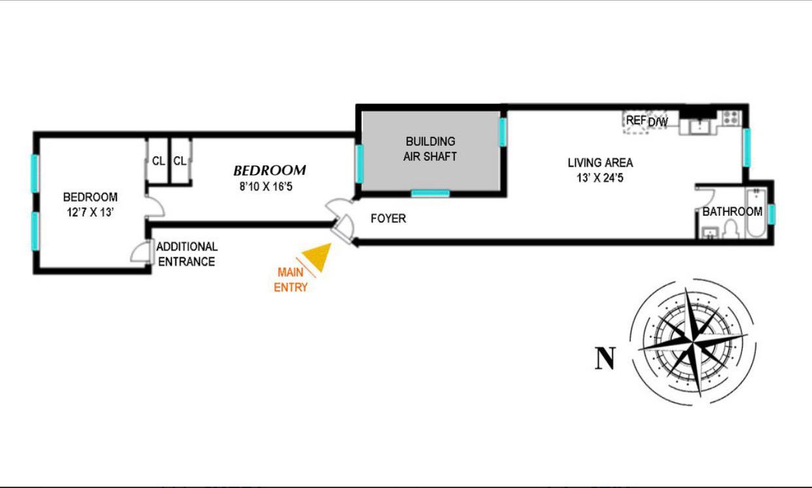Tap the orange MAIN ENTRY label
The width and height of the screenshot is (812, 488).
[291, 279]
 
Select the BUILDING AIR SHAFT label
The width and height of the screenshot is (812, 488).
[430, 148]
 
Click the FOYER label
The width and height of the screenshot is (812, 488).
[388, 218]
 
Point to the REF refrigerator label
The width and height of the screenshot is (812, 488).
[635, 120]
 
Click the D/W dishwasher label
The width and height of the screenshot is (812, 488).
[658, 122]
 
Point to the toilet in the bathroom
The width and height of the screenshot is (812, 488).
[732, 228]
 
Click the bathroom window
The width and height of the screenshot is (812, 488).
[772, 214]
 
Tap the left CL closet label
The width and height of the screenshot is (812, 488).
[158, 160]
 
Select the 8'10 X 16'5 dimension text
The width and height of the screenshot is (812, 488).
[269, 185]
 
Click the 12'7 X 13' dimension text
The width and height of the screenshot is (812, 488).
[90, 212]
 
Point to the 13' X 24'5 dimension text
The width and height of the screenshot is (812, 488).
[600, 178]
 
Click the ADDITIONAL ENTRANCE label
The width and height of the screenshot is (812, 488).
[186, 254]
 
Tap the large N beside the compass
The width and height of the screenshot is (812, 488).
[605, 358]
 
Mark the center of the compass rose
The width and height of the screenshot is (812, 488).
[694, 341]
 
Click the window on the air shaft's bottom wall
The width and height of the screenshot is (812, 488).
[430, 193]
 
